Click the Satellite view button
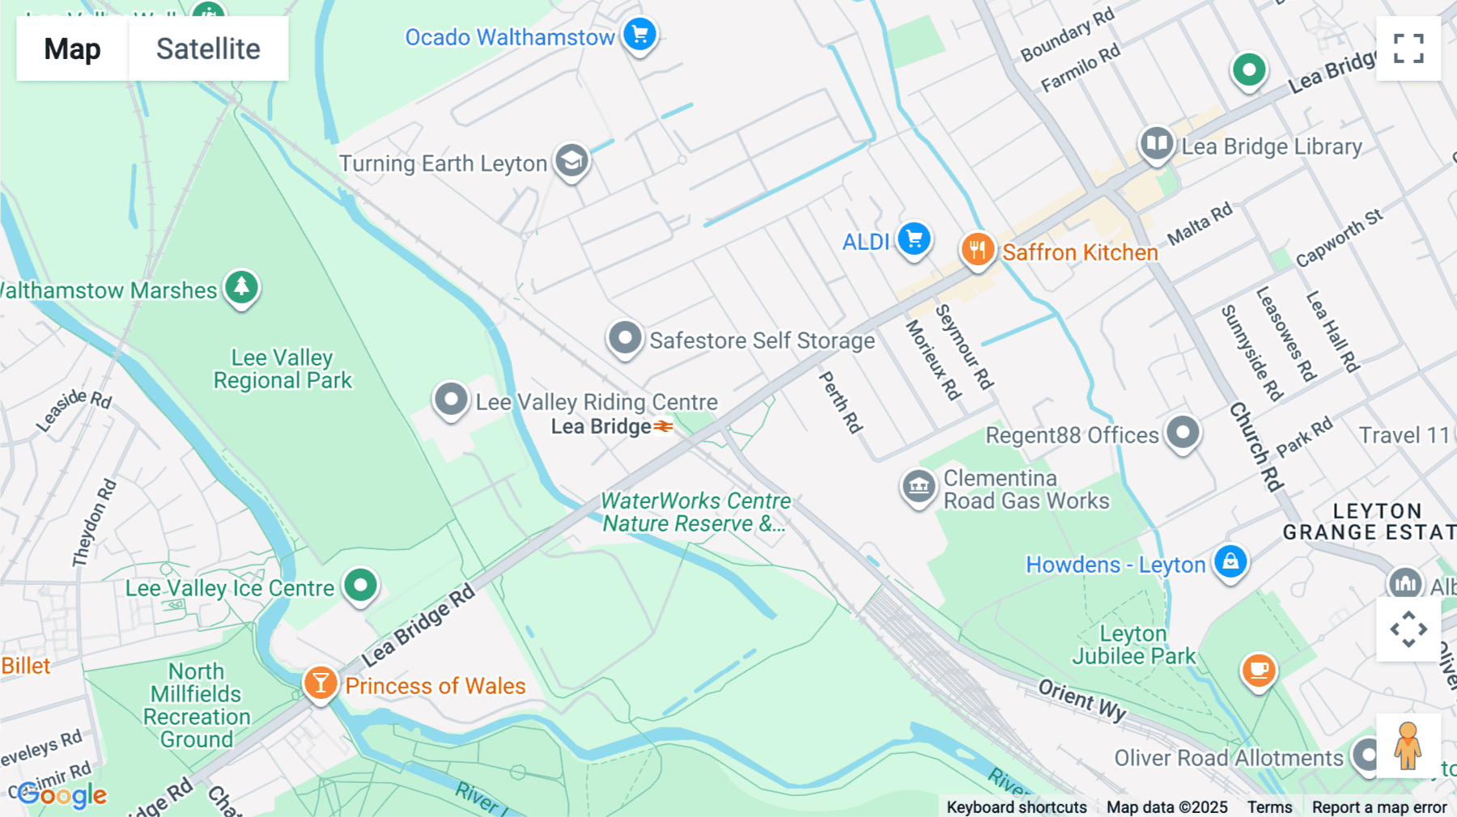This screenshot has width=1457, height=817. (208, 49)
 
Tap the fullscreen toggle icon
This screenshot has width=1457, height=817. (1408, 49)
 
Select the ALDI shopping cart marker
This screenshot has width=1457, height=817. (915, 239)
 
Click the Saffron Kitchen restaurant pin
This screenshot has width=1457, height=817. (978, 249)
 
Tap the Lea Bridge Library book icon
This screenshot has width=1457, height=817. (1157, 144)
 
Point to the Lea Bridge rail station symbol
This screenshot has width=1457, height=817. (664, 426)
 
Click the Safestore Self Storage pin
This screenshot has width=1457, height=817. (625, 337)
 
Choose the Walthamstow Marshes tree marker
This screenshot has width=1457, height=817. (241, 286)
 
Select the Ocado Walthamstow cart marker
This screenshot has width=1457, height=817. (640, 35)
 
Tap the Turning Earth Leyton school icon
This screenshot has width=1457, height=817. (572, 160)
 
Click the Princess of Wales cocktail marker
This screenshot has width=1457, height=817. (321, 683)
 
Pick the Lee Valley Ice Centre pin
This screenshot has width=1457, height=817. (360, 585)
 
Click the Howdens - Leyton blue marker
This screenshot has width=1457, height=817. (1230, 561)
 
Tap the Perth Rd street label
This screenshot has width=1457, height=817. (840, 401)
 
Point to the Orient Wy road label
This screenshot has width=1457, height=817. (1082, 699)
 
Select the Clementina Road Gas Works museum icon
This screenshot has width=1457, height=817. (919, 486)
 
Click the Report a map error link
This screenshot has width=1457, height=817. (1379, 806)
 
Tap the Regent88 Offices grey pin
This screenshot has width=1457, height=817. (1183, 432)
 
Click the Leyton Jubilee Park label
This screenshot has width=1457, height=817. (1133, 645)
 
